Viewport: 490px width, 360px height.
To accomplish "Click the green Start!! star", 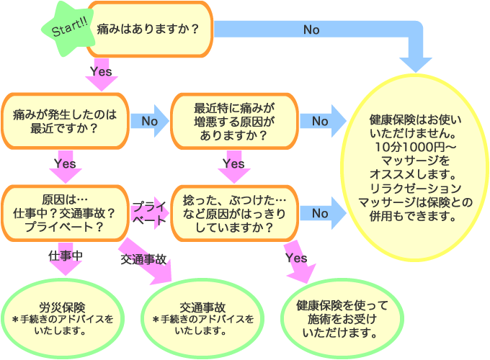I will pyautogui.click(x=68, y=30).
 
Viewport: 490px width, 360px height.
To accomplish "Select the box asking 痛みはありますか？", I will pyautogui.click(x=148, y=30).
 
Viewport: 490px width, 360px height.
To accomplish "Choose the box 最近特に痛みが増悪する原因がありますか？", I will pyautogui.click(x=233, y=121).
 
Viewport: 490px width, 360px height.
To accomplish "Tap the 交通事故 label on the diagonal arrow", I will pyautogui.click(x=143, y=258).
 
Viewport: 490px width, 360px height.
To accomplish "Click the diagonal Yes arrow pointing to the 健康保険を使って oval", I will pyautogui.click(x=295, y=261).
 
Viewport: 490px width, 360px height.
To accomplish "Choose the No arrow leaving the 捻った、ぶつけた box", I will pyautogui.click(x=321, y=213).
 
